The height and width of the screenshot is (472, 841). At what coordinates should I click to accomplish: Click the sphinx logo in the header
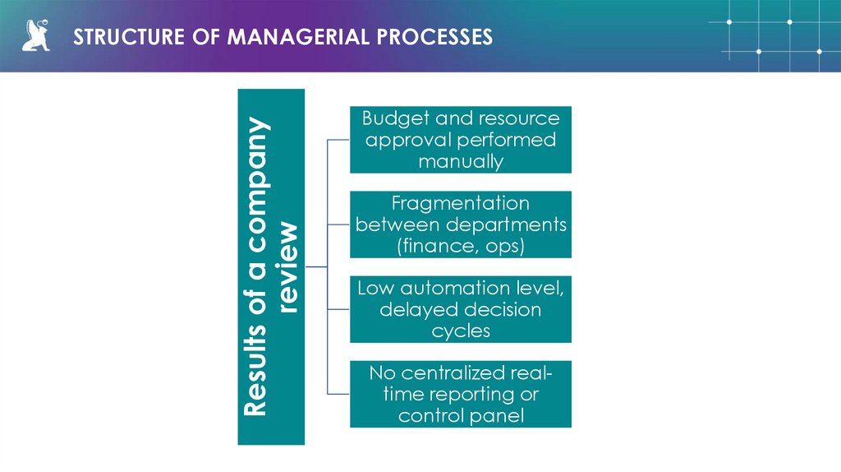[x=35, y=36]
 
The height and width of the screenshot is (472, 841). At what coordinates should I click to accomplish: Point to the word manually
[x=460, y=161]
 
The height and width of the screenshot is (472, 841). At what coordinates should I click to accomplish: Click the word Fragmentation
[x=460, y=203]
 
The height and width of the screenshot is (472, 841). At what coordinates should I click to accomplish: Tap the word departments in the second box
[x=508, y=224]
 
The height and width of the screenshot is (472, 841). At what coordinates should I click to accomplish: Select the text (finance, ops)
[x=460, y=246]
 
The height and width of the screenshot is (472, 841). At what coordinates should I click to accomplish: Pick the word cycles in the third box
[x=460, y=331]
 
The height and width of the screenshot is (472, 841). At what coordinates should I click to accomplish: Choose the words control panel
[x=460, y=416]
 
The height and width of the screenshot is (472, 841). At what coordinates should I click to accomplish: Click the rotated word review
[x=288, y=267]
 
